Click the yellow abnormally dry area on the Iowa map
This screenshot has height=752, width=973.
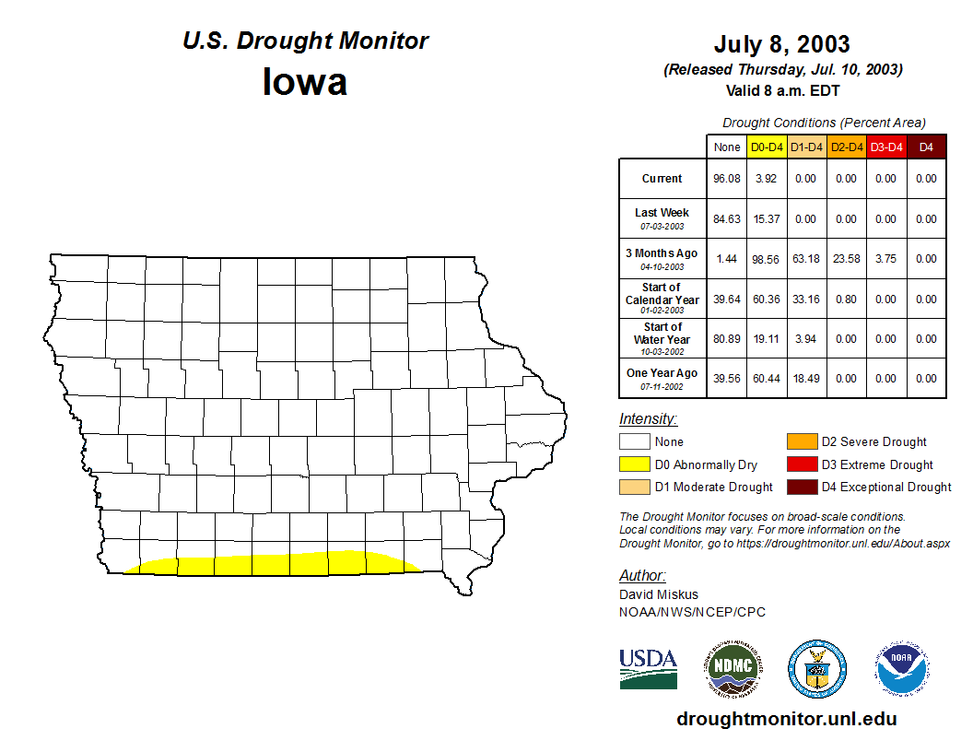pos(276,564)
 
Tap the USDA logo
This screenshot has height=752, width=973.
pos(648,668)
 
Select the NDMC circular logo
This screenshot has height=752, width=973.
pos(733,668)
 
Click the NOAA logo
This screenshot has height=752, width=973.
pos(902,668)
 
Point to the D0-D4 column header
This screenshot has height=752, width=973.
pos(767,147)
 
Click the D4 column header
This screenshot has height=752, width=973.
pos(926,147)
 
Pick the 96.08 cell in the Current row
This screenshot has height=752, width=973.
pos(727,179)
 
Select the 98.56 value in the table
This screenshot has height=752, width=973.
pos(767,259)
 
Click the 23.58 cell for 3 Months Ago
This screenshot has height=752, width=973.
pos(846,259)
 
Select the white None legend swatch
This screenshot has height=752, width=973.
pos(635,442)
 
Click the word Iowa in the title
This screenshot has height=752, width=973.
pos(305,81)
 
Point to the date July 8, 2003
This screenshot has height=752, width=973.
pos(781,44)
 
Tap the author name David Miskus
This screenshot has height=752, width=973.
pos(659,594)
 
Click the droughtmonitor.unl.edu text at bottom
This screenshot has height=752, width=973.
pos(786,719)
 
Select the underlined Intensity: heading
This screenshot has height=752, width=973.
pos(648,419)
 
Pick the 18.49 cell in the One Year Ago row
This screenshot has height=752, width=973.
pos(806,379)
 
